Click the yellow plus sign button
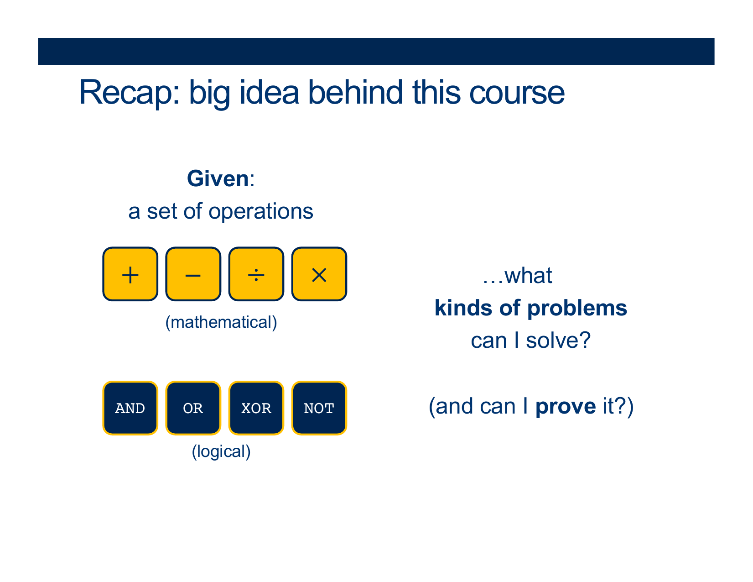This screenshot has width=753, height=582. [130, 274]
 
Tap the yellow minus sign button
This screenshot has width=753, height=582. [193, 274]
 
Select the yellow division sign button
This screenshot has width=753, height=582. [256, 274]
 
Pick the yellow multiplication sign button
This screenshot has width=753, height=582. [320, 274]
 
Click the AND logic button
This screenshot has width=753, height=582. [130, 408]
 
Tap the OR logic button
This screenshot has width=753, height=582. [193, 408]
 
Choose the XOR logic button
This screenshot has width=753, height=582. [256, 408]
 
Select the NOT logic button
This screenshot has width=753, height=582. [320, 408]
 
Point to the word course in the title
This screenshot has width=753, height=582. [517, 93]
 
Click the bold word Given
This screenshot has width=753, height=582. [218, 179]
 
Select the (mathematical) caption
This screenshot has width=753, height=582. [221, 323]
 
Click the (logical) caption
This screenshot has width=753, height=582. [221, 452]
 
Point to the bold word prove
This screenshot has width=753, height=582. [566, 407]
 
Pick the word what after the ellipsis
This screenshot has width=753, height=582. [528, 276]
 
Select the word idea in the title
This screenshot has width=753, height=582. [269, 92]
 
